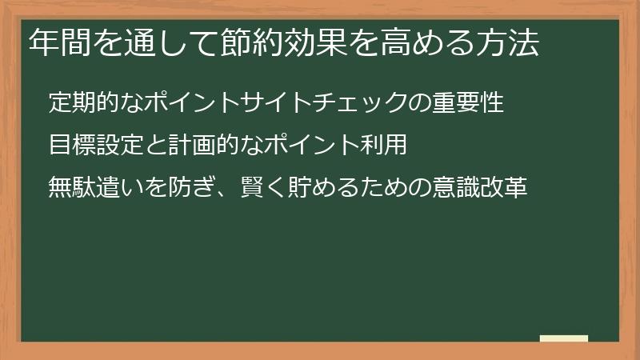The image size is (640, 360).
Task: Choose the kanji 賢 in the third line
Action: (x=252, y=188)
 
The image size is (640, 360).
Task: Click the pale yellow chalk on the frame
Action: (x=564, y=338)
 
